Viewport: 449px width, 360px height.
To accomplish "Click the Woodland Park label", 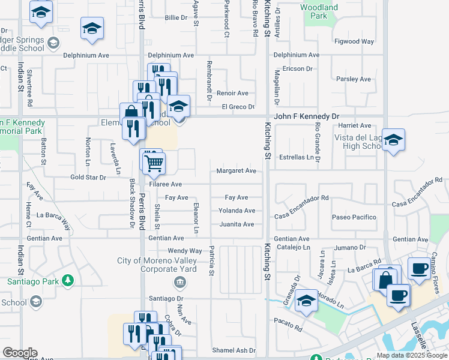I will (x=319, y=12).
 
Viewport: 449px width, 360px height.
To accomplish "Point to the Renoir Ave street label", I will (x=232, y=93).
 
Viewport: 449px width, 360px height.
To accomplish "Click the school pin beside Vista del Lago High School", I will (x=393, y=141).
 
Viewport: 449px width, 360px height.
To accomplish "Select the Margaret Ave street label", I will (x=237, y=171).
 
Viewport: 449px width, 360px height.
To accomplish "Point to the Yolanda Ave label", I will (x=237, y=211).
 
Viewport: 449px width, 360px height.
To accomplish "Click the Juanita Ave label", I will (x=237, y=224).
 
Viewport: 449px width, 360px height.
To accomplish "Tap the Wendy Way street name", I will (x=185, y=251).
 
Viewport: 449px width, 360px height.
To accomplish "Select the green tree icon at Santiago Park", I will (x=68, y=280).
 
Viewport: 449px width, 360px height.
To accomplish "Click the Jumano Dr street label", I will (x=351, y=247).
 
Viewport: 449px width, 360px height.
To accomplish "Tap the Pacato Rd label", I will (x=290, y=328).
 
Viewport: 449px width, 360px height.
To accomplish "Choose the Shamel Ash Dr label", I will (x=234, y=350).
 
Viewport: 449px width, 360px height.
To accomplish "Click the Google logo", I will (x=19, y=353).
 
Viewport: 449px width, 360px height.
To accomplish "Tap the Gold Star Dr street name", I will (x=88, y=178).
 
